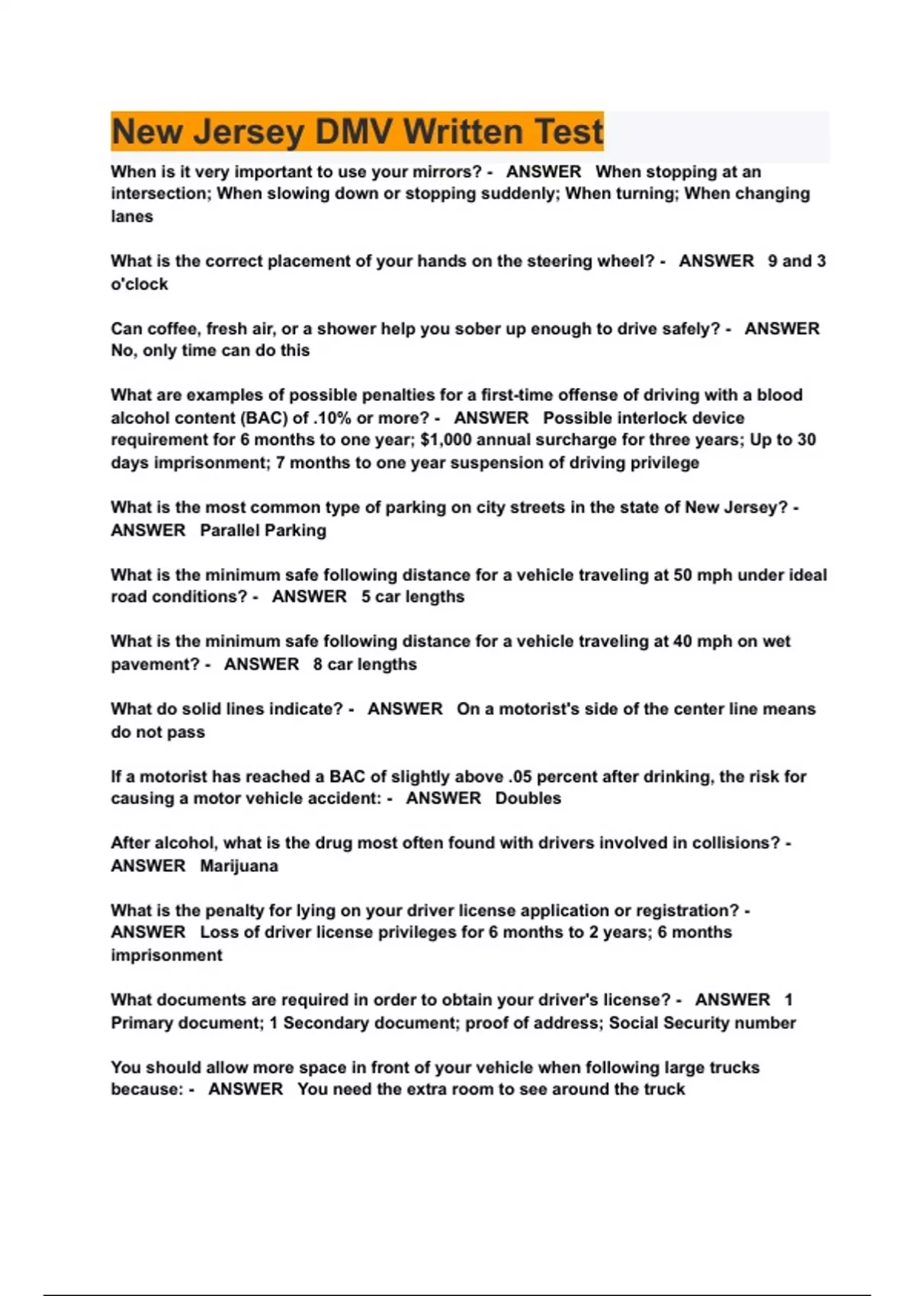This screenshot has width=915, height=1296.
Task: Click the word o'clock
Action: coord(140,284)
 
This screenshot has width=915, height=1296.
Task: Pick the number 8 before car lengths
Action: coord(317,664)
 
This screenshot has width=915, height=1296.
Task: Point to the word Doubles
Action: coord(528,798)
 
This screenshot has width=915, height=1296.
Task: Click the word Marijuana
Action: coord(239,866)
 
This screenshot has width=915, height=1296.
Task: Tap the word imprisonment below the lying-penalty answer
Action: coord(166,955)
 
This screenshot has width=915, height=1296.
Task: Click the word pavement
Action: coord(156,664)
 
